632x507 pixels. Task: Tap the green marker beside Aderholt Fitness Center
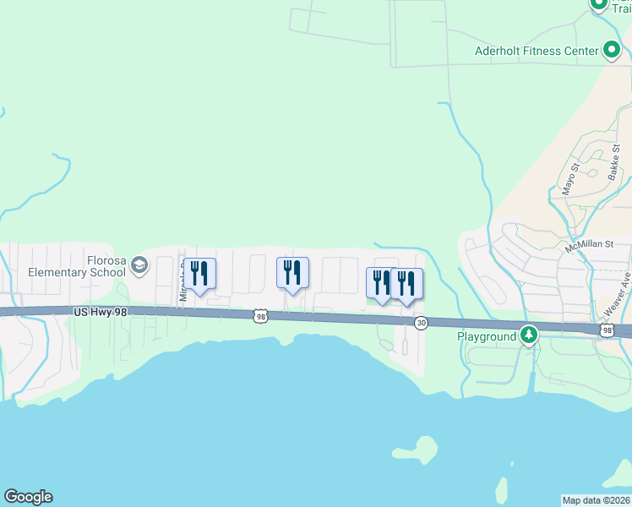611,51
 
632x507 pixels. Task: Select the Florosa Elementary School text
68,266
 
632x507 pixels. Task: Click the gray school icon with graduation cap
139,267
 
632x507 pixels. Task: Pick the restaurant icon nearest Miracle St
199,274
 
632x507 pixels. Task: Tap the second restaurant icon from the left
292,273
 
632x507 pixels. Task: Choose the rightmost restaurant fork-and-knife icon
406,284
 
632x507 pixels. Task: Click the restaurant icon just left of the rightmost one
382,283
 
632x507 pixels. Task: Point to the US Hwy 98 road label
101,312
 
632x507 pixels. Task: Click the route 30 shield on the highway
421,323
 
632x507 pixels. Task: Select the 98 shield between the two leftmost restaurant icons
259,316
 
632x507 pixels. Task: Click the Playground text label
487,336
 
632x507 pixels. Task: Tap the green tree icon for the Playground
529,336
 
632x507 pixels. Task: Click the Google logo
28,497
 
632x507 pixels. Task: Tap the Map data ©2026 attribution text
597,500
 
